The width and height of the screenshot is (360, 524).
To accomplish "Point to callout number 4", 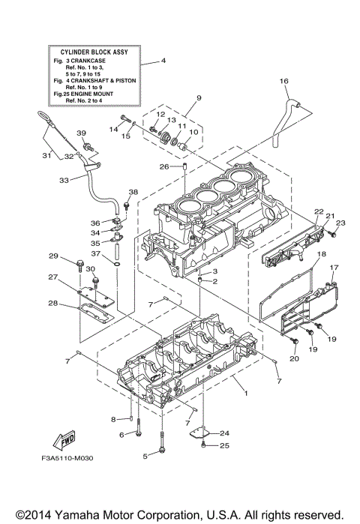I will click(x=163, y=60).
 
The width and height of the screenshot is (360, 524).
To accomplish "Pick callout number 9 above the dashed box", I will click(x=199, y=98).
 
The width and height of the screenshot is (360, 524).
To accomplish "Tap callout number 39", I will click(x=82, y=133).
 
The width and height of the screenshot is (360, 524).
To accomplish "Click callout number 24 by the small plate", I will click(x=224, y=433).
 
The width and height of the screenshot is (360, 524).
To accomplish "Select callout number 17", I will click(x=335, y=268).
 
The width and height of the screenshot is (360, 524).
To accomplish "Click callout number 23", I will click(x=340, y=223).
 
